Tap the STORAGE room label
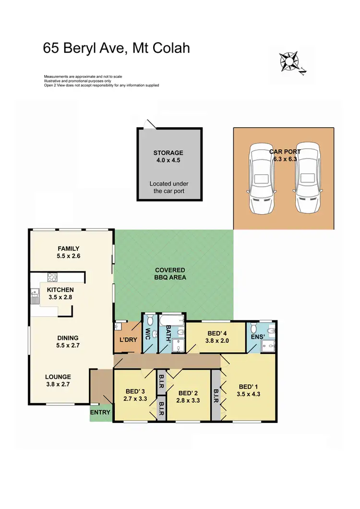click(168, 153)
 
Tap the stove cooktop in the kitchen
click(52, 277)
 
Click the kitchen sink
click(35, 295)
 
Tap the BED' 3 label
click(135, 390)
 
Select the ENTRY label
click(100, 412)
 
